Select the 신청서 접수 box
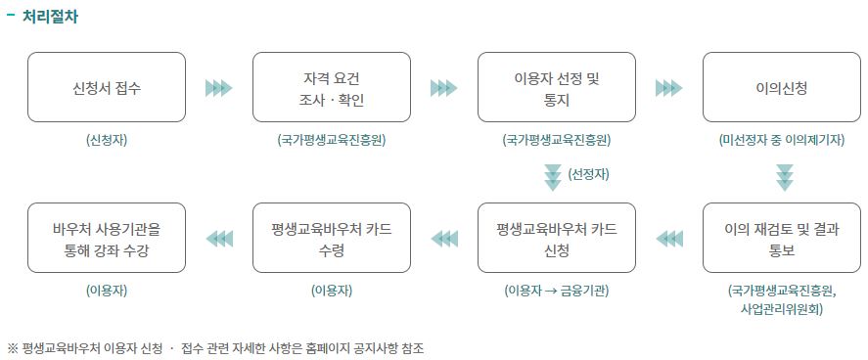click(107, 87)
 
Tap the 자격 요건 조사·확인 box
click(332, 87)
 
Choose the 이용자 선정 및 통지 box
click(556, 87)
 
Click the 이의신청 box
click(782, 87)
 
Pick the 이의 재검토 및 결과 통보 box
click(782, 238)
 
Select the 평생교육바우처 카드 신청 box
click(556, 238)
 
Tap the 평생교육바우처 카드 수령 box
click(332, 238)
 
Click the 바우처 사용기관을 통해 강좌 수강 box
click(107, 238)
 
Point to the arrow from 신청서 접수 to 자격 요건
click(219, 88)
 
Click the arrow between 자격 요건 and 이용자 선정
click(444, 88)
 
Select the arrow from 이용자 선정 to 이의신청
click(669, 88)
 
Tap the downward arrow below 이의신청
click(784, 177)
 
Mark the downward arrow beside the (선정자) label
click(553, 177)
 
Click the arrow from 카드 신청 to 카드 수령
click(444, 238)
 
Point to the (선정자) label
click(588, 174)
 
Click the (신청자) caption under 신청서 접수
click(107, 140)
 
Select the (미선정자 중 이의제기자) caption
click(782, 140)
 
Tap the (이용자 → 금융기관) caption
click(556, 291)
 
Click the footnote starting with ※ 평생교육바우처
click(216, 347)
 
